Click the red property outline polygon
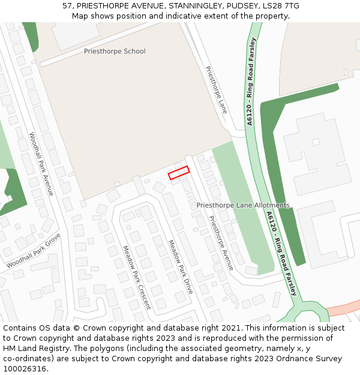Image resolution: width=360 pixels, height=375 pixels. [x=179, y=173]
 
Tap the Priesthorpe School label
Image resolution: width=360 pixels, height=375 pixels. [x=115, y=52]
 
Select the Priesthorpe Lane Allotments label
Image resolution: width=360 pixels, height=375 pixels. [x=243, y=205]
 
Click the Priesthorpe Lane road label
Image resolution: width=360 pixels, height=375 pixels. [x=216, y=90]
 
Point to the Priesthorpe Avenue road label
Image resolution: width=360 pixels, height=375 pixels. [x=221, y=242]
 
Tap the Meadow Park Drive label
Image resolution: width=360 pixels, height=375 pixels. [x=180, y=266]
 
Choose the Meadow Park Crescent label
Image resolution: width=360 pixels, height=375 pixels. [x=136, y=277]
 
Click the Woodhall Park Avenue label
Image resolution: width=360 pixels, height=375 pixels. [x=41, y=164]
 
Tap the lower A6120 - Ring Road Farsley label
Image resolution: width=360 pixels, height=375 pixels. [x=281, y=253]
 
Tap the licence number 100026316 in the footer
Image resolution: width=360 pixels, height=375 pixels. [x=25, y=369]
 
